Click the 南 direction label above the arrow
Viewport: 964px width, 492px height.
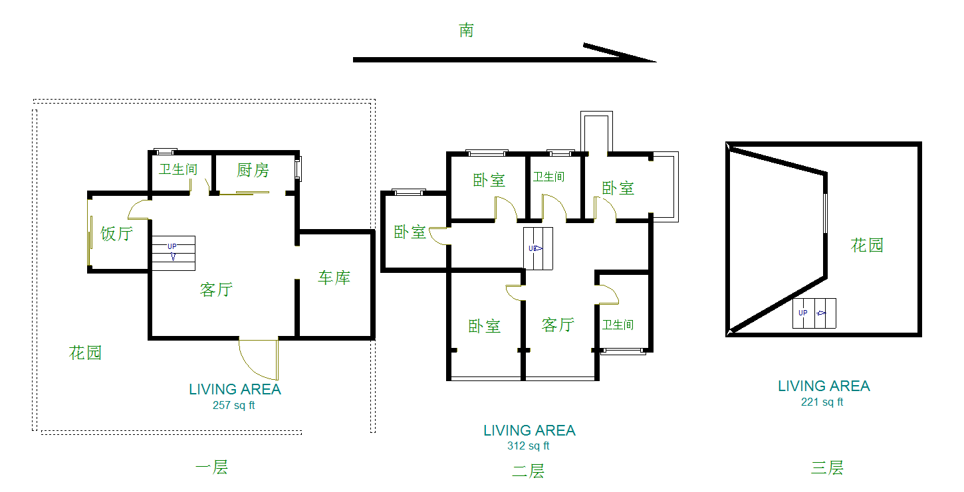coord(466,30)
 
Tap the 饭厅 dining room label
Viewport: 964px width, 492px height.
coord(116,234)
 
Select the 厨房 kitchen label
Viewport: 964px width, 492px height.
coord(253,170)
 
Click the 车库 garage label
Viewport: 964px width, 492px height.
coord(334,278)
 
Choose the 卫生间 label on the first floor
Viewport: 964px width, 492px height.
coord(178,169)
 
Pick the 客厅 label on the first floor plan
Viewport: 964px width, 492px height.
coord(216,289)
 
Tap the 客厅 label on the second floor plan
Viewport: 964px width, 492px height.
coord(557,325)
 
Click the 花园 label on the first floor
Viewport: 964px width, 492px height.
coord(85,353)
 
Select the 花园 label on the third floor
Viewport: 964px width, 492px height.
coord(868,245)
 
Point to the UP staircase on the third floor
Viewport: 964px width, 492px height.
coord(814,313)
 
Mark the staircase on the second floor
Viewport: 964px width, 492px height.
coord(539,248)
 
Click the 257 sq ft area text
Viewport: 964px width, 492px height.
coord(233,406)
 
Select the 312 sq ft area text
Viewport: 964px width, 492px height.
coord(529,446)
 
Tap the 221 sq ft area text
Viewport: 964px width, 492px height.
coord(822,402)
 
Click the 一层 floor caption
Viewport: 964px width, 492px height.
coord(211,467)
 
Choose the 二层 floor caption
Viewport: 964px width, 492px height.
coord(528,471)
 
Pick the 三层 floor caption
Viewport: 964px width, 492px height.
coord(827,467)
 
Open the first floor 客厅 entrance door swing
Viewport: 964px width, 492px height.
coord(259,359)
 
